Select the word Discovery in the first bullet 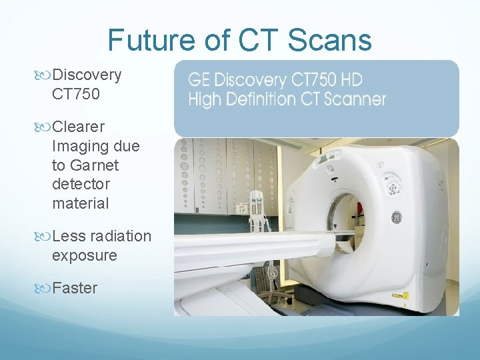[87, 75]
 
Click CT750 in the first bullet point [75, 94]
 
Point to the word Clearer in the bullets [78, 126]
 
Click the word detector [81, 183]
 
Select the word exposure [84, 255]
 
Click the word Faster [74, 288]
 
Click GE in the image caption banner [198, 81]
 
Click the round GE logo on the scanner [395, 217]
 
